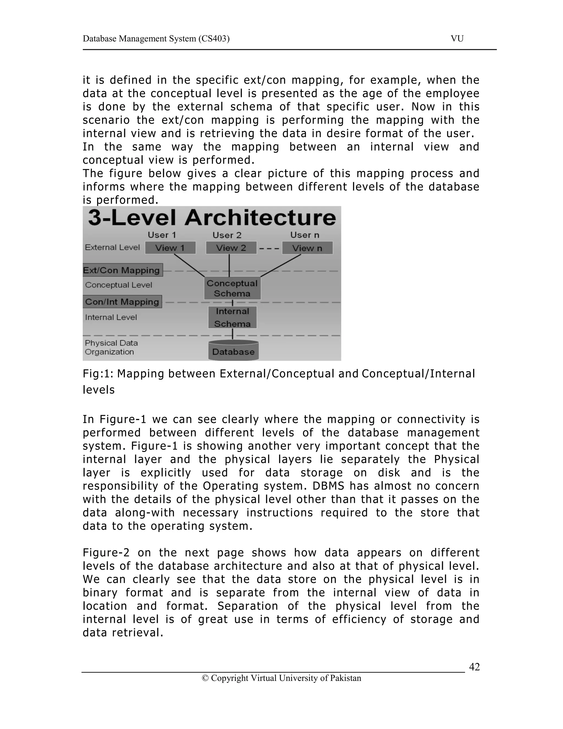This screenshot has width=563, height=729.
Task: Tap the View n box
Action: [307, 248]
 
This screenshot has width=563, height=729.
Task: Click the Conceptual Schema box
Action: [232, 288]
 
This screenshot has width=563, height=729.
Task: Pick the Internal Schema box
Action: [233, 317]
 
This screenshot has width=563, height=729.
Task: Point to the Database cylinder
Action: [233, 351]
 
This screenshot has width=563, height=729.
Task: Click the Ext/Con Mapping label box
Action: [122, 270]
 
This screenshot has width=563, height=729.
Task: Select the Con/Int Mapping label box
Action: [122, 302]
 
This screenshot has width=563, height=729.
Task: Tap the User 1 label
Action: [162, 235]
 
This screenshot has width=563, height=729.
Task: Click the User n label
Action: [305, 235]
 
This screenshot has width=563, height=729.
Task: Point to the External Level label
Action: [112, 247]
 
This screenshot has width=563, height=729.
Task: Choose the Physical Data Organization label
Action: [111, 347]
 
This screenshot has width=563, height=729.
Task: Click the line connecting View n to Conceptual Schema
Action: [280, 266]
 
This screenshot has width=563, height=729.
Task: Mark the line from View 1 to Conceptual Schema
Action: [189, 265]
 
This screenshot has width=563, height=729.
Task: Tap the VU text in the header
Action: [457, 39]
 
